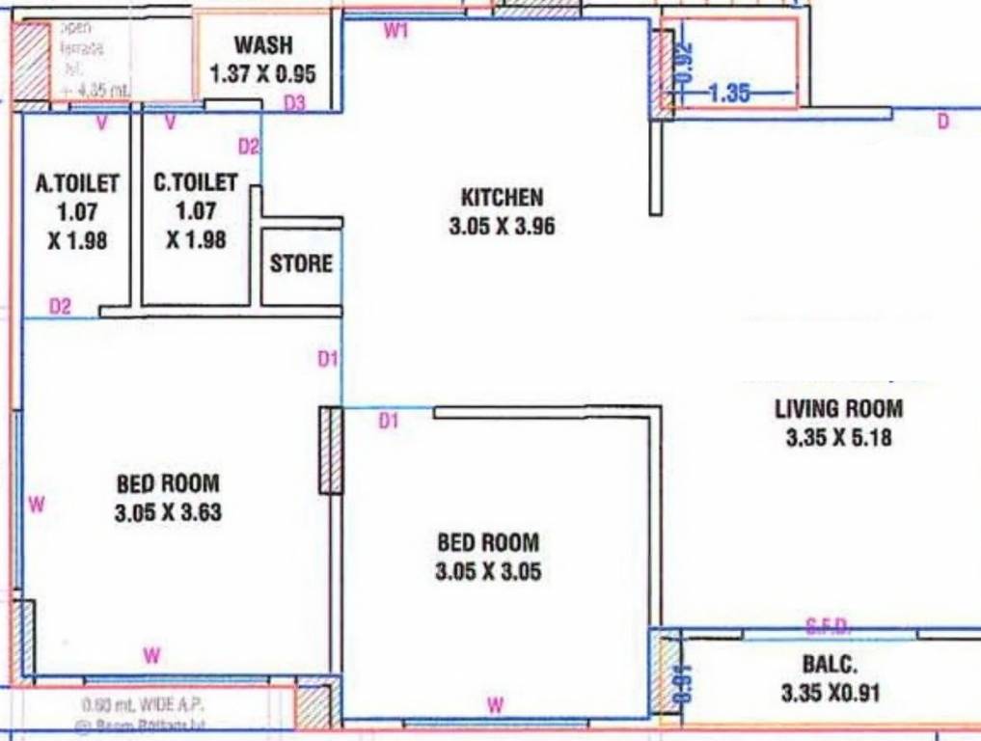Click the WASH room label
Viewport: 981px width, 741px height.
(263, 45)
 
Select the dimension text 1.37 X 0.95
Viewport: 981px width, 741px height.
(263, 73)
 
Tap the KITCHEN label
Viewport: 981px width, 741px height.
(502, 198)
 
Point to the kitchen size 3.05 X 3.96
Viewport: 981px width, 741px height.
(502, 228)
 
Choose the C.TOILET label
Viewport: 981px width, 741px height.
(196, 182)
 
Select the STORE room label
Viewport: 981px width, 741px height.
(301, 263)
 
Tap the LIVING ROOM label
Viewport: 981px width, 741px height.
(838, 408)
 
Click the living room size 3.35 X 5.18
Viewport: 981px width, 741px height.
(838, 438)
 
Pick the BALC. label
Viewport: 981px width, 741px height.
(830, 665)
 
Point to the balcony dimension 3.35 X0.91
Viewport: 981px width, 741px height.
(830, 693)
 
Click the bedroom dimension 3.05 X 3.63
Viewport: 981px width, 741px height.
(168, 512)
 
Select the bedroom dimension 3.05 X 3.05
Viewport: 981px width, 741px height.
(488, 572)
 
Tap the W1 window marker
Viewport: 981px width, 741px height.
(396, 31)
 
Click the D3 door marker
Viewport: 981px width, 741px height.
(294, 104)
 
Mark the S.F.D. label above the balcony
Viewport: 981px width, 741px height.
(828, 628)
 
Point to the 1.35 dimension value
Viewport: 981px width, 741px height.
(729, 94)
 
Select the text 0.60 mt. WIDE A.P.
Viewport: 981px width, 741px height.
(143, 704)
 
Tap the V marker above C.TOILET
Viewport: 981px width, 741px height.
(170, 123)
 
